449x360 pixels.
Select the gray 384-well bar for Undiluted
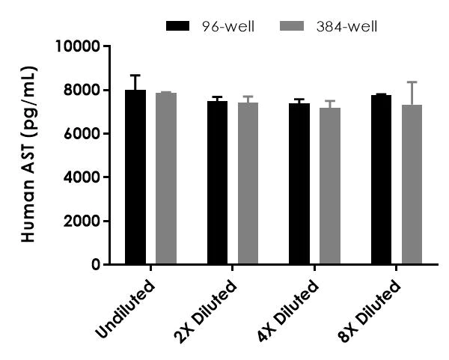166,179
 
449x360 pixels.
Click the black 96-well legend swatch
180,27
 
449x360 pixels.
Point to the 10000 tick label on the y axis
79,47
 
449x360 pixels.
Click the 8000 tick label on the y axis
82,91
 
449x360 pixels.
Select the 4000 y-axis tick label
82,177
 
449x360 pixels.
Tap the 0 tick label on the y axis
96,264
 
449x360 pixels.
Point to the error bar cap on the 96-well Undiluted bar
135,75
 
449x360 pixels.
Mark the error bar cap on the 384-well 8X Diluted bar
412,82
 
